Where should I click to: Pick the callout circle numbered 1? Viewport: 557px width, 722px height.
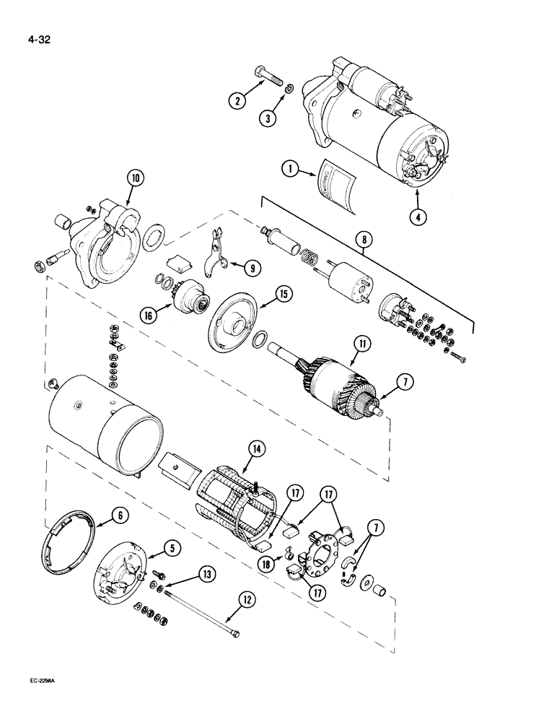tap(289, 170)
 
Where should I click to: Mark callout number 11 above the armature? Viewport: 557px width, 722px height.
tap(359, 345)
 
